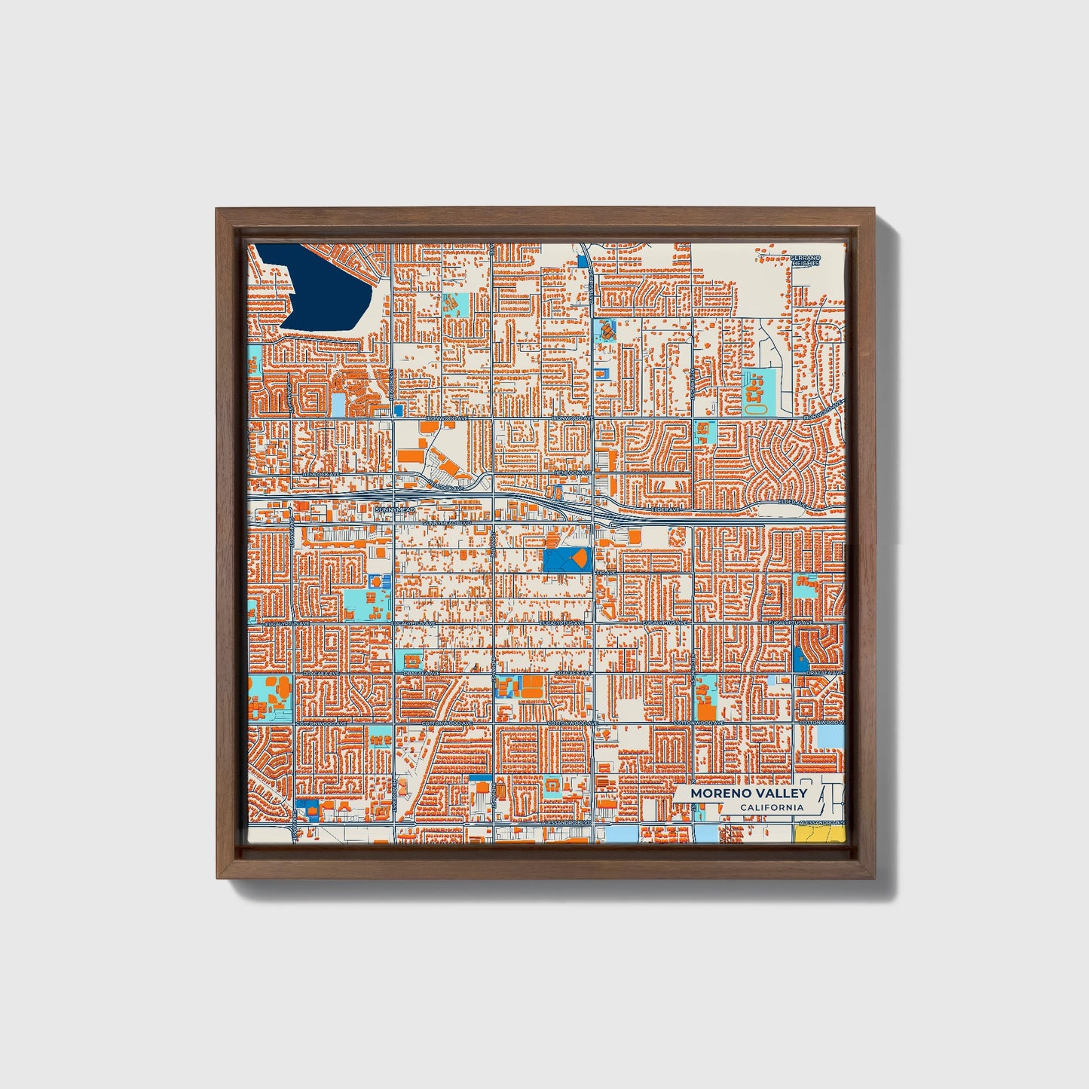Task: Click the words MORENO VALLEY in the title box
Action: [x=748, y=793]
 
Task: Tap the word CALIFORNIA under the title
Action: [x=771, y=808]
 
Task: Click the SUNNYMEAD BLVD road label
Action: [x=447, y=522]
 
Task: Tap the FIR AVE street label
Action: [x=606, y=573]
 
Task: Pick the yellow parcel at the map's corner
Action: [x=818, y=834]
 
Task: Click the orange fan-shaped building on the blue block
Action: [x=578, y=558]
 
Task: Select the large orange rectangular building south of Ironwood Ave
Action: [x=411, y=456]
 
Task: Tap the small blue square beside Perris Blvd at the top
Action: [x=582, y=262]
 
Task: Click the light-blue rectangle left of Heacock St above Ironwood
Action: [x=338, y=404]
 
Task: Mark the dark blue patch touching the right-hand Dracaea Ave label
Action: [x=800, y=660]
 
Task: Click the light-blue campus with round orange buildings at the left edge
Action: [x=268, y=697]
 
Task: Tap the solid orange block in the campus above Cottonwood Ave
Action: [x=705, y=710]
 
